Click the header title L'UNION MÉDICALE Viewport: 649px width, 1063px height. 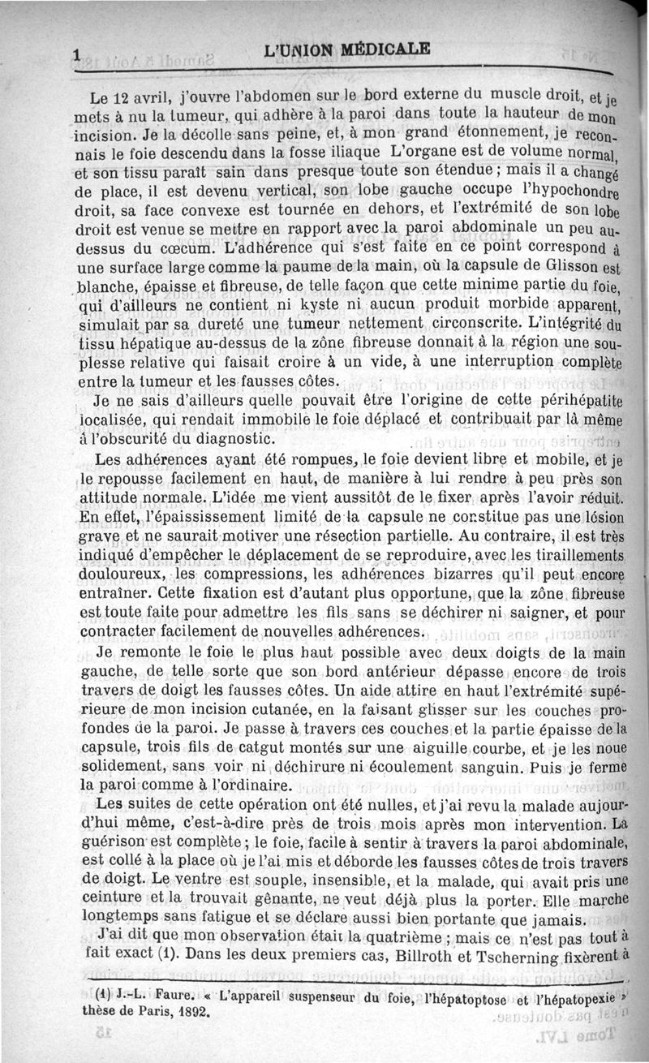click(346, 49)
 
